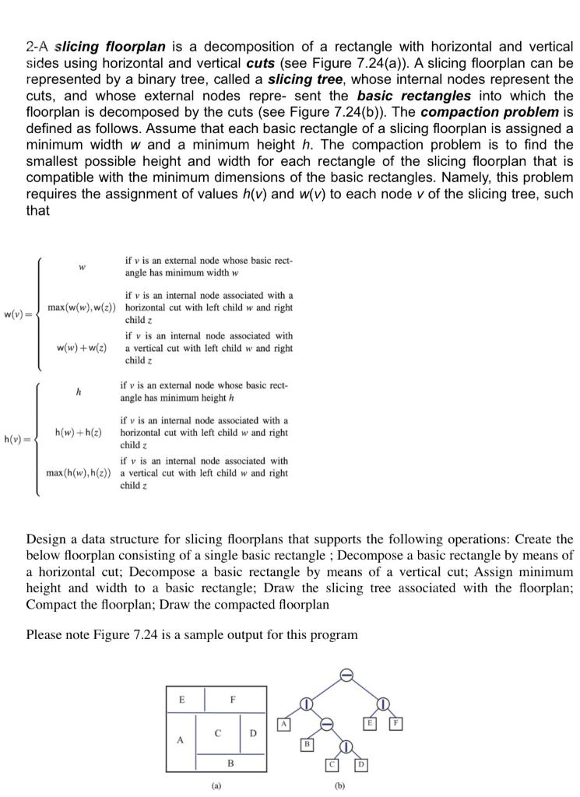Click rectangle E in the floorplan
point(182,699)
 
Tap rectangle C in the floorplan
point(219,732)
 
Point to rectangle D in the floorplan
point(253,733)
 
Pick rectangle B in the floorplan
point(230,764)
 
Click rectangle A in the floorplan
point(181,741)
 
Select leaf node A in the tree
point(285,725)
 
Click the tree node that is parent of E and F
point(383,704)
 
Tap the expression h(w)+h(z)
point(79,432)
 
